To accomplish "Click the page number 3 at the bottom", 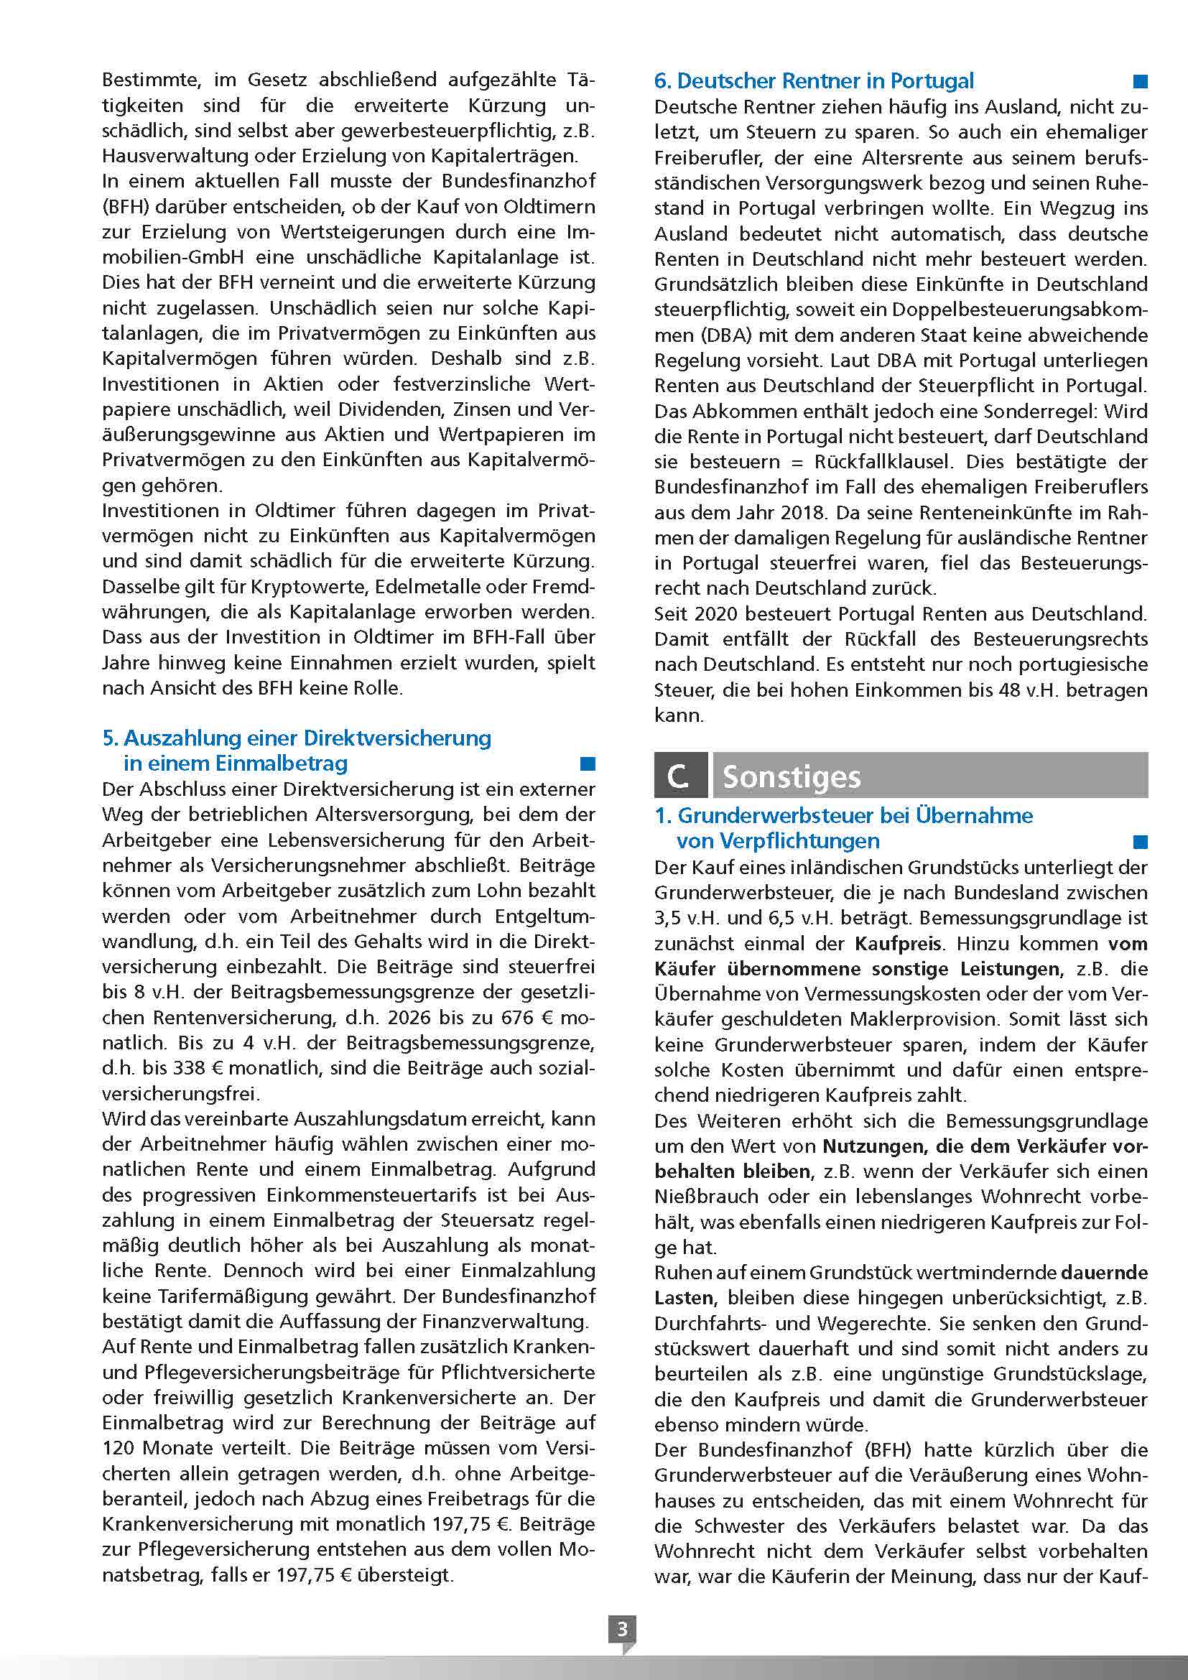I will (622, 1629).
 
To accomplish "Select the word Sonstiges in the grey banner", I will (792, 777).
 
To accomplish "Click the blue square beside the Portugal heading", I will (1140, 81).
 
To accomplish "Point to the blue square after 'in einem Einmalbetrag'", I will (588, 764).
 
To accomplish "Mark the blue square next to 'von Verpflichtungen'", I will (1140, 842).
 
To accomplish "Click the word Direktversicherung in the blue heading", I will (397, 738).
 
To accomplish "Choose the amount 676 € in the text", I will (523, 1017).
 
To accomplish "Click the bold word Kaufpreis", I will (899, 943).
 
